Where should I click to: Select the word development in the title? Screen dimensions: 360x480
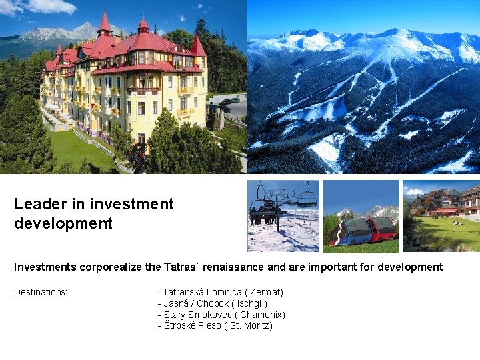[63, 223]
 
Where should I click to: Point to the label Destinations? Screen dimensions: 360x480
[41, 292]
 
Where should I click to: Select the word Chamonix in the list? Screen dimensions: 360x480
[262, 315]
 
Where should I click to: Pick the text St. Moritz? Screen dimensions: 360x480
[251, 325]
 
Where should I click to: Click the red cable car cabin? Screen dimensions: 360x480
[383, 229]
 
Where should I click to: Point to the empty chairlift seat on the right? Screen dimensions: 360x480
[307, 197]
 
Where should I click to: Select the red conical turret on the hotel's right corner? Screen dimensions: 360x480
[197, 47]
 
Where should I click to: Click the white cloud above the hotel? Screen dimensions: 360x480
[50, 7]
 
